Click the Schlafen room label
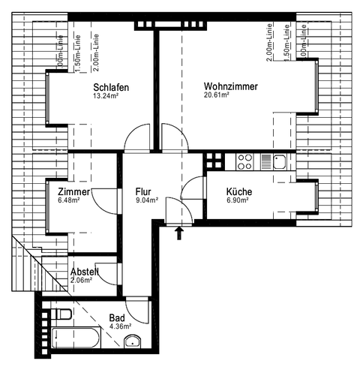coord(110,88)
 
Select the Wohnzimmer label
coord(230,87)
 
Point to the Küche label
coord(239,193)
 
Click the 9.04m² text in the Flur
coord(148,201)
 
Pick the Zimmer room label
coord(73,192)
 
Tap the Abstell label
coord(85,272)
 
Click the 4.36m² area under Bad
coord(120,326)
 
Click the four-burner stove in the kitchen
coord(244,159)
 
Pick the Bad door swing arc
coord(136,308)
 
